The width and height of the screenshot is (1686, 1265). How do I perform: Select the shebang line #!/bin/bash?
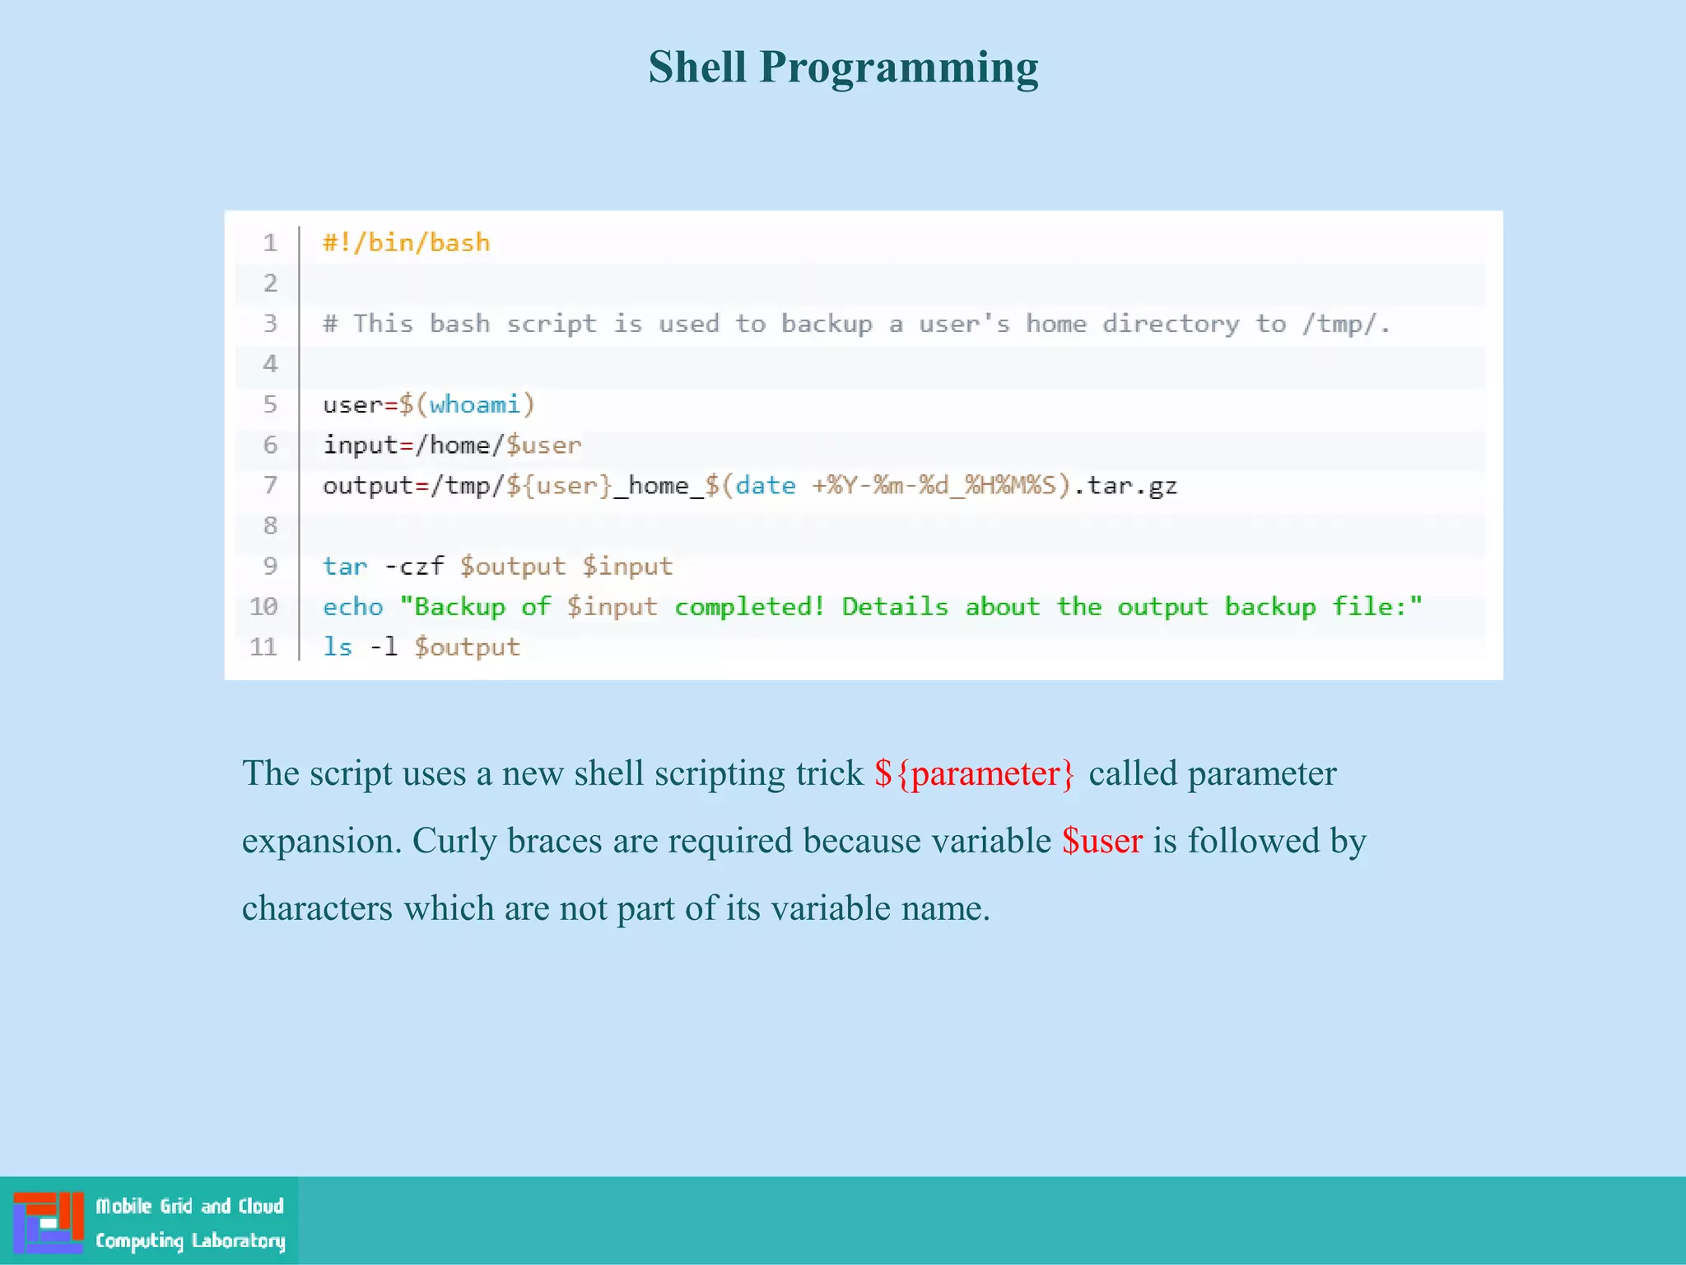(407, 243)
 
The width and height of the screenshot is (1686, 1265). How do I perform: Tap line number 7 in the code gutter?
(270, 485)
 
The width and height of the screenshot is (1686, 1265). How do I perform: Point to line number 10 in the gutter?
(263, 607)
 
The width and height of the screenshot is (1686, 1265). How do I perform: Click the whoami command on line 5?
(474, 404)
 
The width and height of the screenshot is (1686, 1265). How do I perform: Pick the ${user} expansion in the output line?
(559, 485)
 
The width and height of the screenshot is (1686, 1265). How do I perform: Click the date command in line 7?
(766, 485)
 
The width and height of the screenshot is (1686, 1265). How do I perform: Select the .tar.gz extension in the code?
(1126, 485)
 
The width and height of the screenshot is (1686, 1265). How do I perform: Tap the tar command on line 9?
(345, 567)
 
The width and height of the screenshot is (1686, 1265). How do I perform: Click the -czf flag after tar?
(414, 567)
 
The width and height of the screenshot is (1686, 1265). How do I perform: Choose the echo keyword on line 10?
(353, 607)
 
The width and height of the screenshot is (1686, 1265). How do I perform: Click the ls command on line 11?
(338, 647)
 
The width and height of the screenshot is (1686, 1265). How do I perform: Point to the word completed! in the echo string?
(749, 607)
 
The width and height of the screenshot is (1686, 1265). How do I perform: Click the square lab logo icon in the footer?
(49, 1222)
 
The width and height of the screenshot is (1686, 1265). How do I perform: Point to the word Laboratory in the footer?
(238, 1241)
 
